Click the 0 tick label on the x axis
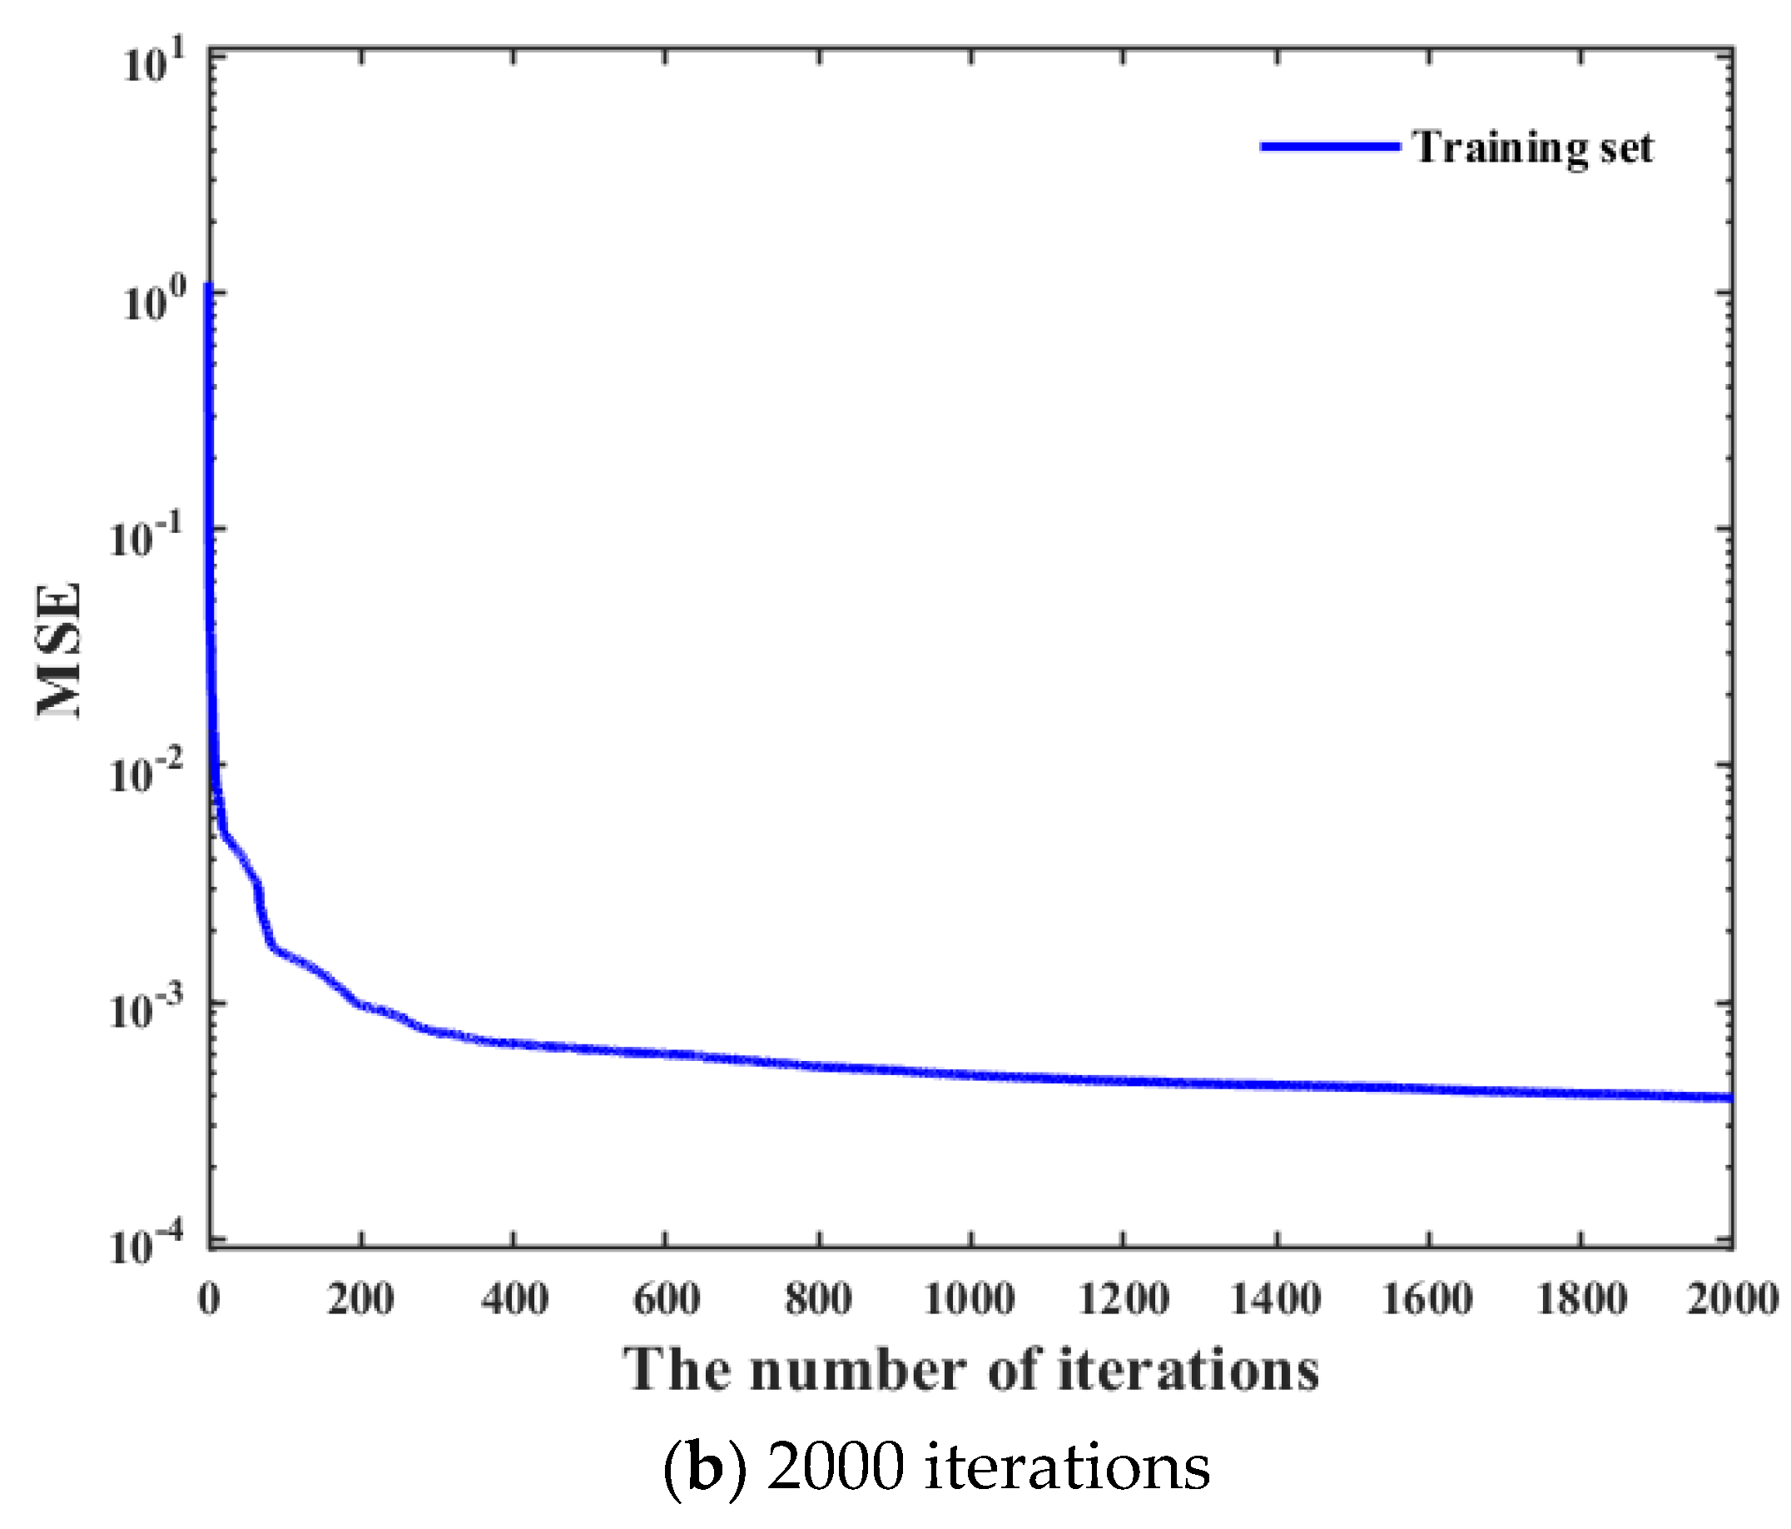(x=209, y=1300)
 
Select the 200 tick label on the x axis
(x=361, y=1300)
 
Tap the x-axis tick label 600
(x=666, y=1300)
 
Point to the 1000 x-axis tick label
(x=970, y=1300)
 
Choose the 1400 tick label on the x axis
(x=1275, y=1300)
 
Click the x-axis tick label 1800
(x=1580, y=1300)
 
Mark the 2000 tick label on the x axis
(x=1732, y=1300)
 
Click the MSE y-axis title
(x=61, y=650)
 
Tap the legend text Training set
(x=1532, y=148)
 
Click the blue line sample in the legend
(x=1329, y=147)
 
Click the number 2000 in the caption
(x=835, y=1467)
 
